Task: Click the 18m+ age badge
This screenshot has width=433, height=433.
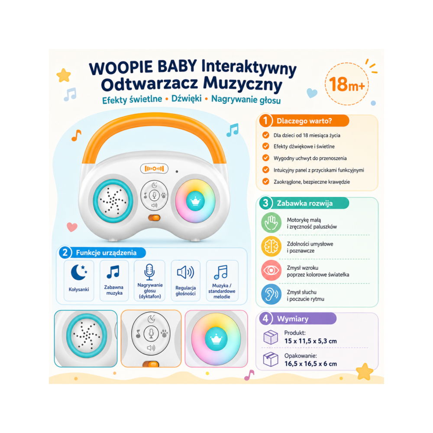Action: tap(347, 84)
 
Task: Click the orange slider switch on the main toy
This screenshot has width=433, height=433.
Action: tap(154, 218)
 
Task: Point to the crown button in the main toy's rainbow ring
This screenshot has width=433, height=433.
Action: tap(195, 201)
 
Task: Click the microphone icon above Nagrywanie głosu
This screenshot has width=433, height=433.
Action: tap(149, 272)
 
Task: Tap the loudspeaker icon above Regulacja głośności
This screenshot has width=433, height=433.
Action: tap(186, 272)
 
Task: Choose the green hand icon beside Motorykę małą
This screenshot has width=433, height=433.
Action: tap(271, 223)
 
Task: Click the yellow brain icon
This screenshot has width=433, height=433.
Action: tap(271, 246)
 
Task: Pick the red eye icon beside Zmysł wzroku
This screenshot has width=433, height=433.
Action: tap(271, 270)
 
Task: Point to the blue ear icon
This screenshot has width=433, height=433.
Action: tap(271, 294)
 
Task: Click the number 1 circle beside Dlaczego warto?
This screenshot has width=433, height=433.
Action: tap(266, 121)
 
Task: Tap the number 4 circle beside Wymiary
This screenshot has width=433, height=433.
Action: tap(266, 319)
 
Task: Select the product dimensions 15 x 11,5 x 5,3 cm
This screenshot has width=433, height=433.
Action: tap(310, 341)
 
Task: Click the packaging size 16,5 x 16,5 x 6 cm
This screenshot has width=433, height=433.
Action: tap(310, 364)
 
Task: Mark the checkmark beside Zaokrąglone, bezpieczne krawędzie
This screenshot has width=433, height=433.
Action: tap(266, 181)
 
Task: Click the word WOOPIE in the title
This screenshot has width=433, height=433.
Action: tap(121, 68)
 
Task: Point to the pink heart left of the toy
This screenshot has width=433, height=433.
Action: tap(72, 227)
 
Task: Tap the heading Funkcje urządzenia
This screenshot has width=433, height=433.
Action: tap(107, 253)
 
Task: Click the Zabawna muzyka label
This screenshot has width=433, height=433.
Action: tap(114, 290)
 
